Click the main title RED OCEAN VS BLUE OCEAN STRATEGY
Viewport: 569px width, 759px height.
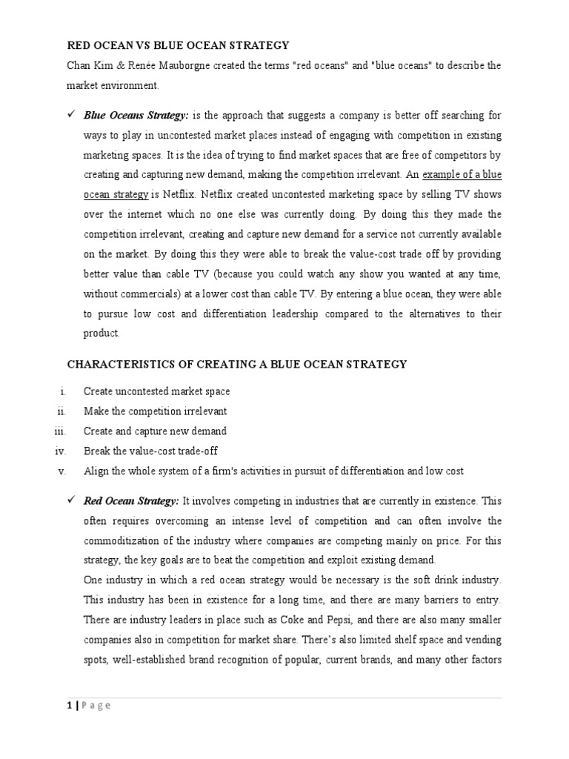(x=178, y=46)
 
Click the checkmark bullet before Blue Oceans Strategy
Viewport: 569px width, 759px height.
(x=72, y=115)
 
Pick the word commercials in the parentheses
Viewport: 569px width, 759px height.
(x=150, y=294)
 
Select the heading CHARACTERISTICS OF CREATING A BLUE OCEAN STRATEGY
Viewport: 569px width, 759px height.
(x=237, y=364)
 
